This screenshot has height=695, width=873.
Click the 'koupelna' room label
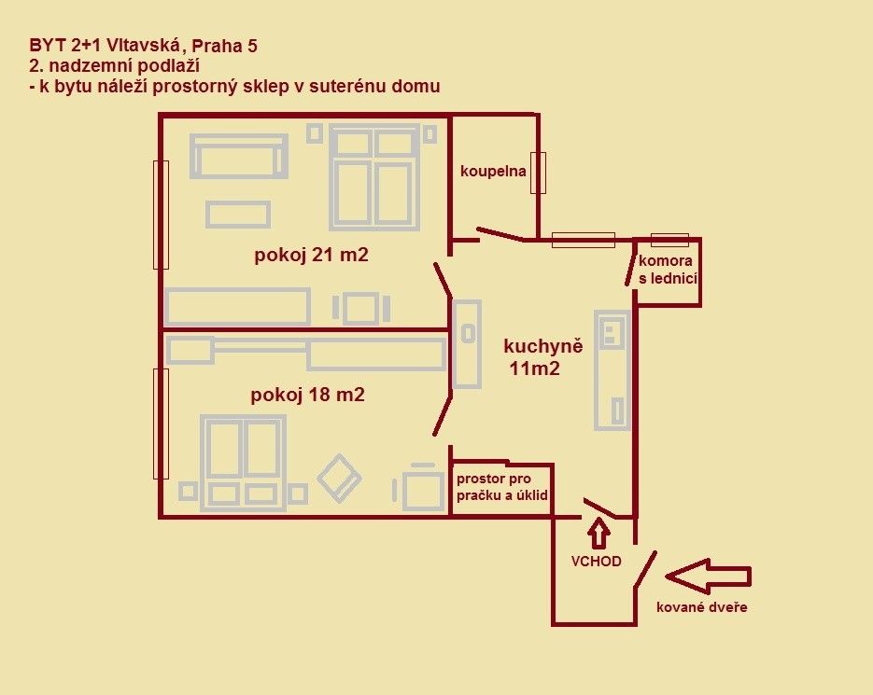(493, 171)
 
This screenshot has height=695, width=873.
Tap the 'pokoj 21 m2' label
(311, 255)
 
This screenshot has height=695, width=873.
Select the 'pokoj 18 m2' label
(307, 395)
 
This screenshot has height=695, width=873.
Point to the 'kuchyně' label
(542, 346)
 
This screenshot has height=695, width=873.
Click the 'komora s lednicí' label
(667, 270)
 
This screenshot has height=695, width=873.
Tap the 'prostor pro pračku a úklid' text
(502, 487)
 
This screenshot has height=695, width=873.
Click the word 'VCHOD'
(596, 561)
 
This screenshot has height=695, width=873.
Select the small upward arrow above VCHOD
(598, 533)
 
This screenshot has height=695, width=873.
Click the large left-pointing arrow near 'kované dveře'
(708, 576)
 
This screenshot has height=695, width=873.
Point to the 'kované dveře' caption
(701, 607)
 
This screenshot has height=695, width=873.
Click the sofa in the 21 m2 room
(239, 156)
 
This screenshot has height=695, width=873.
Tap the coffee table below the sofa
(238, 215)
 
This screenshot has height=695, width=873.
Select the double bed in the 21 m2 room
(374, 177)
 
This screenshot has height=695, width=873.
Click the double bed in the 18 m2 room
(243, 463)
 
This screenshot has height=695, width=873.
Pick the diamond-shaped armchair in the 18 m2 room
(339, 478)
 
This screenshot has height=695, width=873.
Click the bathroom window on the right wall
(538, 173)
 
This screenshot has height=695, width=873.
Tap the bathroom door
(500, 234)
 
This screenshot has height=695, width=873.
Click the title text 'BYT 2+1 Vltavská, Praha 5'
(143, 46)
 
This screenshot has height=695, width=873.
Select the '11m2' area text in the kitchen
(534, 368)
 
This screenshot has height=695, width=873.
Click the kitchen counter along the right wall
(612, 370)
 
